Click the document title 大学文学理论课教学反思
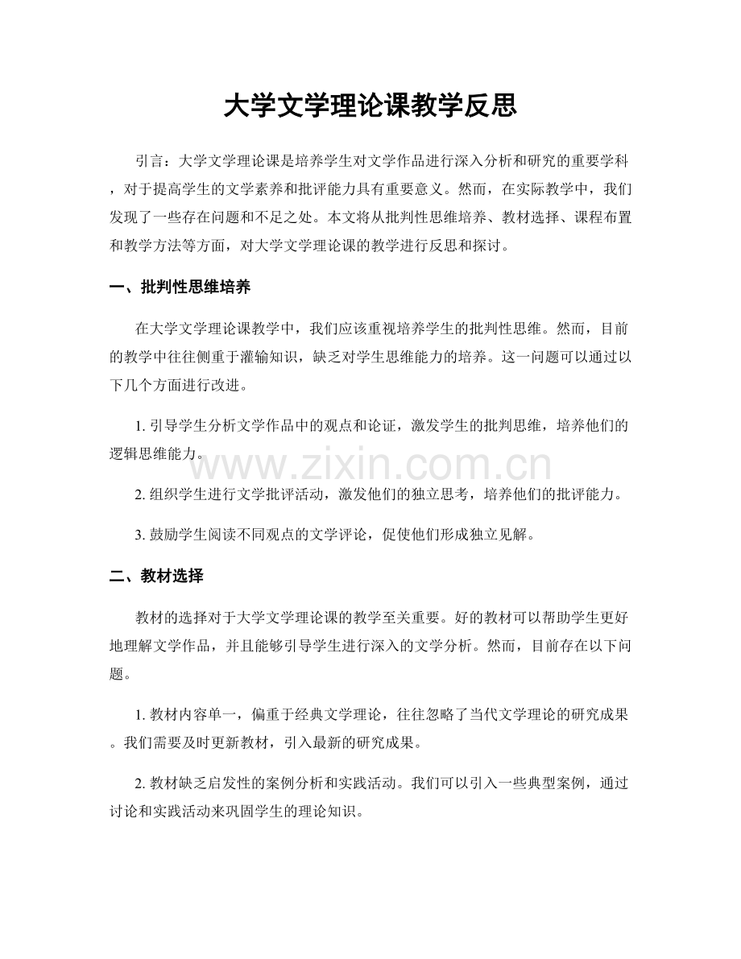(370, 105)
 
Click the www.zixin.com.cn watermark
(370, 465)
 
